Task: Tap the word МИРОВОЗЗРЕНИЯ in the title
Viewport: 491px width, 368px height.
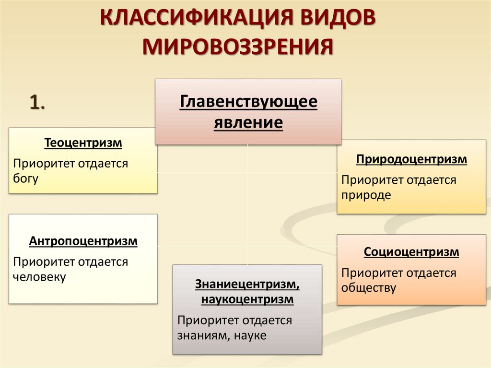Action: point(238,48)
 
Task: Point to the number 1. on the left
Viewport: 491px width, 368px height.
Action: point(37,102)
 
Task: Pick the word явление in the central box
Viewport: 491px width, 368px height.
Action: point(248,122)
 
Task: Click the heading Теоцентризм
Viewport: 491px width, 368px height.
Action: point(83,142)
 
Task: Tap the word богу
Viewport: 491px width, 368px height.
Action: point(25,178)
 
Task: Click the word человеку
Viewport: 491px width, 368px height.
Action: point(39,277)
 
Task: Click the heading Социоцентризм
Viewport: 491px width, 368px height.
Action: point(411,251)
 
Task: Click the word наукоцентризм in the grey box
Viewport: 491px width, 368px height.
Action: point(247,300)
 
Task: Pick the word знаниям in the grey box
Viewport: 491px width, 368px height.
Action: point(199,336)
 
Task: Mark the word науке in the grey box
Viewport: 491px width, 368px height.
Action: point(250,336)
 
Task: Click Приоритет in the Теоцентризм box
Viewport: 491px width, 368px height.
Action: point(39,164)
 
